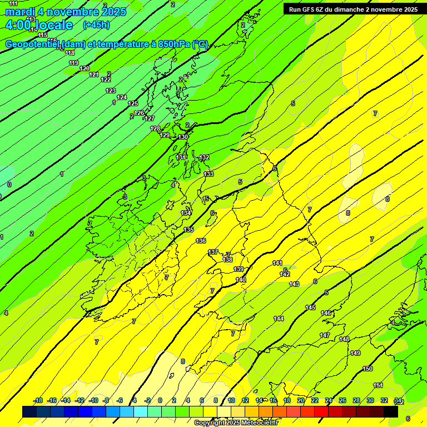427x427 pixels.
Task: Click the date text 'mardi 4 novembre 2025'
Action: click(x=66, y=12)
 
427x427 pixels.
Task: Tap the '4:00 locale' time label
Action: click(x=39, y=25)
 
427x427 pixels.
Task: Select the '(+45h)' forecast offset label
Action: click(x=96, y=25)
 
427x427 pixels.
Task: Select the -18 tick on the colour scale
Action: click(x=38, y=400)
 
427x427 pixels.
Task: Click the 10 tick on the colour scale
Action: click(x=231, y=400)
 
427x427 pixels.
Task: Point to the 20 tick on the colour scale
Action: click(x=301, y=400)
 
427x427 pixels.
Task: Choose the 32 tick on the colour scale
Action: click(x=384, y=400)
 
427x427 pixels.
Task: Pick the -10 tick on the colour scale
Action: click(x=93, y=400)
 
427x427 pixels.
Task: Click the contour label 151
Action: click(x=378, y=385)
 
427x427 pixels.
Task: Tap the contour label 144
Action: click(x=279, y=319)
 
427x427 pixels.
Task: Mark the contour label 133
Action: click(x=208, y=174)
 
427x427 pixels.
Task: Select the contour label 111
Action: click(x=13, y=3)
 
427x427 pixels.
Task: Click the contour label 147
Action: click(x=325, y=335)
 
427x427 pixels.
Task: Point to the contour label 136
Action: click(x=201, y=241)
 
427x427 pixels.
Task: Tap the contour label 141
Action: click(x=277, y=263)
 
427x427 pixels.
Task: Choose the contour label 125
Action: click(x=133, y=103)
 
